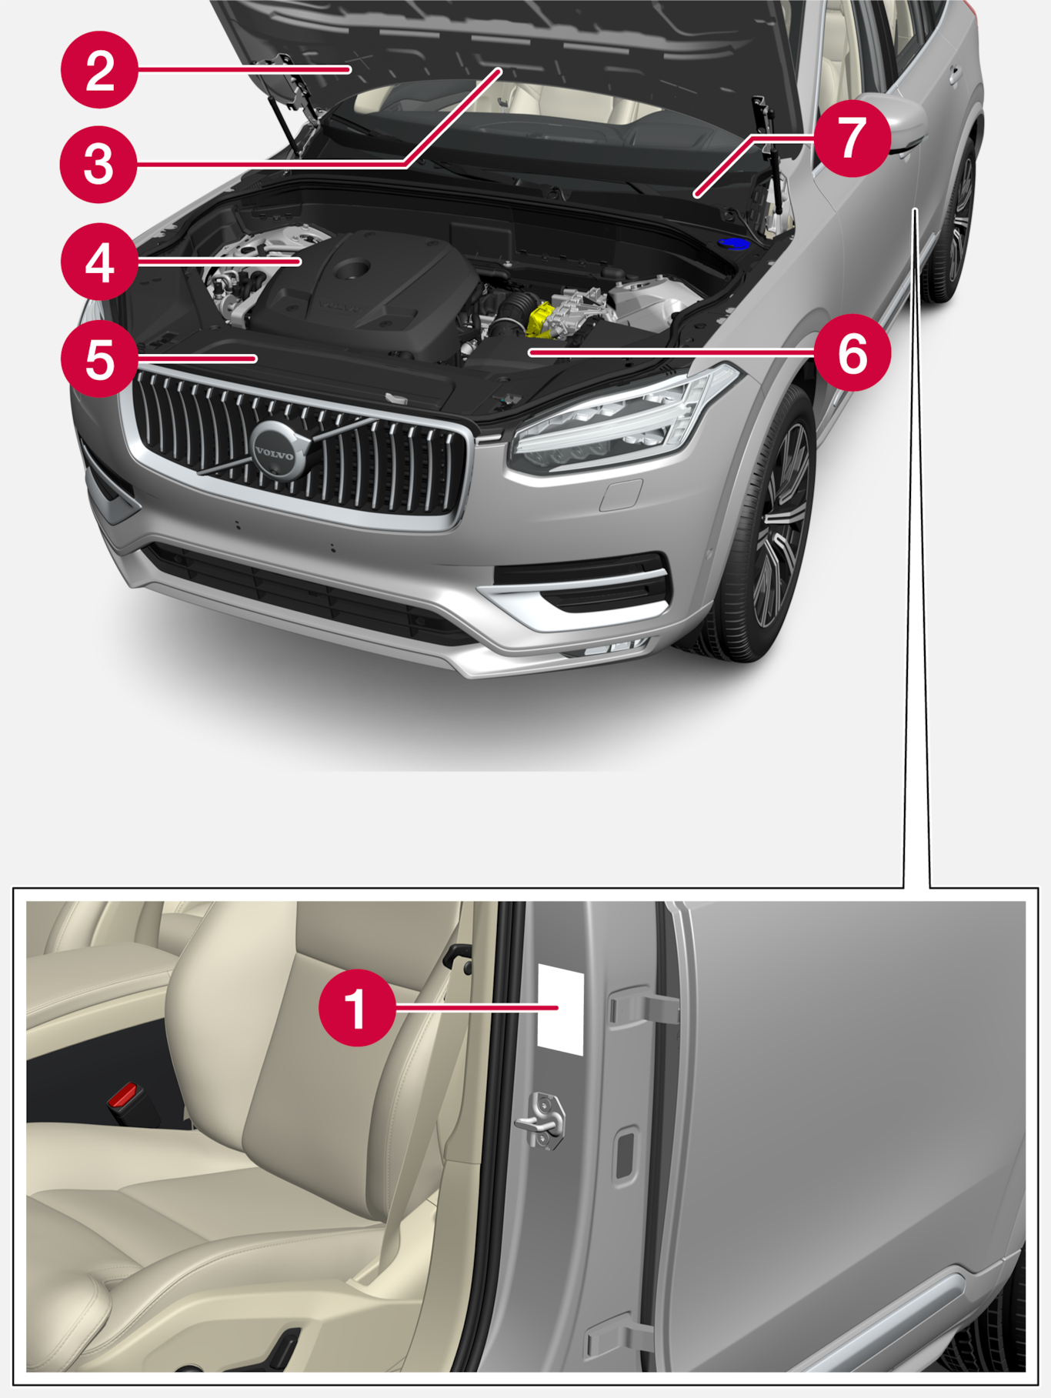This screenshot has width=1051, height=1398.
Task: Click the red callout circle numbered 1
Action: pyautogui.click(x=358, y=1007)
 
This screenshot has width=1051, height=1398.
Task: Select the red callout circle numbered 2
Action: pyautogui.click(x=99, y=70)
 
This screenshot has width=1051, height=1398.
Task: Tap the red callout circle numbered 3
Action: pyautogui.click(x=99, y=165)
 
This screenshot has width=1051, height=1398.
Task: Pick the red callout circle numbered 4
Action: pyautogui.click(x=99, y=262)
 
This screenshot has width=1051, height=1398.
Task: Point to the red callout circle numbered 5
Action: pyautogui.click(x=99, y=359)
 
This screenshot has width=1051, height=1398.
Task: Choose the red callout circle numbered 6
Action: pyautogui.click(x=852, y=353)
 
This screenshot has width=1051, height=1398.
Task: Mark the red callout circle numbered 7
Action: pyautogui.click(x=852, y=138)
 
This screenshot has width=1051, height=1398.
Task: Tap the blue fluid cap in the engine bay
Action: pyautogui.click(x=734, y=245)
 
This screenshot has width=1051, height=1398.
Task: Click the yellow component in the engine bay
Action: pyautogui.click(x=542, y=320)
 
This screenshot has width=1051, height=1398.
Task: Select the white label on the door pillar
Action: pyautogui.click(x=560, y=1008)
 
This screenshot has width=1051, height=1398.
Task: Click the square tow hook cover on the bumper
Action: pyautogui.click(x=621, y=494)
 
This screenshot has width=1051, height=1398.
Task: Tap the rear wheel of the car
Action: pyautogui.click(x=953, y=219)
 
